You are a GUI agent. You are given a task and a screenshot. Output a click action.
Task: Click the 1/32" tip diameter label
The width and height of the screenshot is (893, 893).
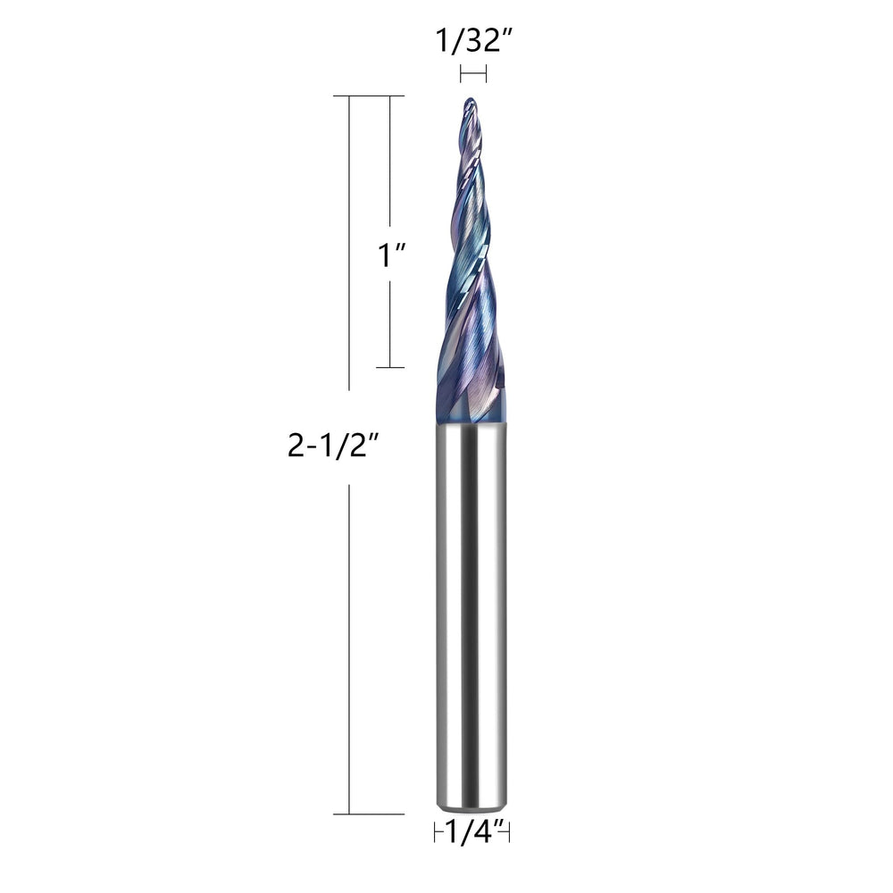[x=474, y=41]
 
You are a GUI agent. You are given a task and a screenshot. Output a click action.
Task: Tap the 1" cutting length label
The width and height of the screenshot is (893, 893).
[x=391, y=255]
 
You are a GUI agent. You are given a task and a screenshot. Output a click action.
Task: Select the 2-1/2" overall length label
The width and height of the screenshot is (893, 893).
[x=333, y=446]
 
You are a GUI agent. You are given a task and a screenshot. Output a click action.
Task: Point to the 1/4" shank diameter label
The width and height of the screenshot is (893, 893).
[x=472, y=832]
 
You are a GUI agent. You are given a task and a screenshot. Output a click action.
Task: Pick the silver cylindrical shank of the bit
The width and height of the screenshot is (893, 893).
[x=472, y=616]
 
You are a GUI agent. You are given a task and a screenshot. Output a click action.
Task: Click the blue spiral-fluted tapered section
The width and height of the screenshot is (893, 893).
[x=470, y=262]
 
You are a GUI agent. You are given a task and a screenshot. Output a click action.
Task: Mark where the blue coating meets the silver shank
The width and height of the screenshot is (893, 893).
[x=472, y=422]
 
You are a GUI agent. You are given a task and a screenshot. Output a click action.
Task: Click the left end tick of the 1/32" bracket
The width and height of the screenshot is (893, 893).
[x=461, y=74]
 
